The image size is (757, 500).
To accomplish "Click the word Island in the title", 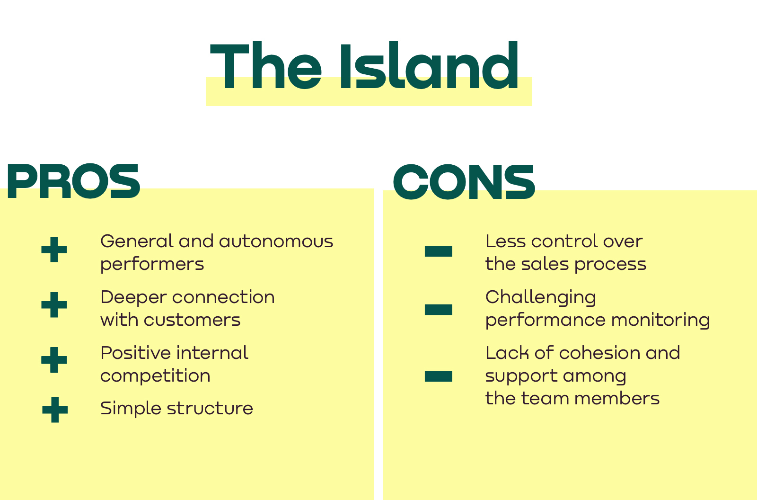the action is [429, 65].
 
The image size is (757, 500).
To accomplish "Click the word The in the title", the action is [265, 65].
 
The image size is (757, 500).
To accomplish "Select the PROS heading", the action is [73, 181].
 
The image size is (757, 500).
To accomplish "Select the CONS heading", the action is [464, 182].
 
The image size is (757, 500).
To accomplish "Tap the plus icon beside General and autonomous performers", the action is [54, 250].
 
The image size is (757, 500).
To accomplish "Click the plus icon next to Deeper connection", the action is [54, 305].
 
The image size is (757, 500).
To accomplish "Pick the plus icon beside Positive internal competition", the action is [54, 360].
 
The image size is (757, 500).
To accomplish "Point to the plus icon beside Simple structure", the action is [55, 410].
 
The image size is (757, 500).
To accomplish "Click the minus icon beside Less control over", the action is [438, 251].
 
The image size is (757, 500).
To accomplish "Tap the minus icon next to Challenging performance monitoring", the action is [438, 310].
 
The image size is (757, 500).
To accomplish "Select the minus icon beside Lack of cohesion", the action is [438, 376].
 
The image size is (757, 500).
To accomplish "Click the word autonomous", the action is [276, 241].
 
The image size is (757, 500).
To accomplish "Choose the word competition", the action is [156, 375].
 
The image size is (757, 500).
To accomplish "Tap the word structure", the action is [210, 408].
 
